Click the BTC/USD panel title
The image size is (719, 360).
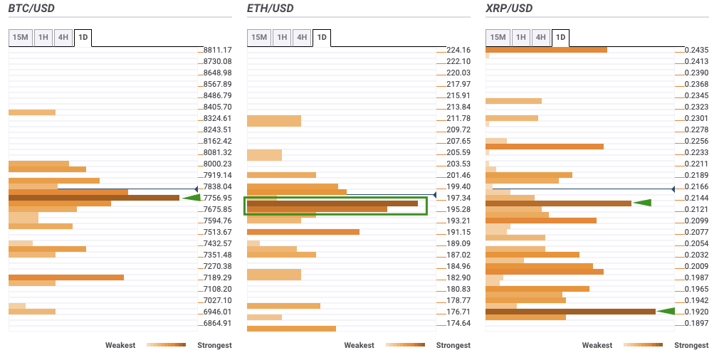point(31,9)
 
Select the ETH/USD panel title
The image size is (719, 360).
point(270,9)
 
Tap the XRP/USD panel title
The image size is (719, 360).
point(508,9)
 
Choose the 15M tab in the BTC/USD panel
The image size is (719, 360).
point(20,37)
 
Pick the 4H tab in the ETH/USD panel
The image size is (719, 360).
point(302,37)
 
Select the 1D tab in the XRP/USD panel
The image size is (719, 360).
point(560,37)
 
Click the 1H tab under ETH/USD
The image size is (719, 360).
point(282,37)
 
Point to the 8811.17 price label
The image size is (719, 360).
point(217,50)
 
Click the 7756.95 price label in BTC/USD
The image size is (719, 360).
point(217,198)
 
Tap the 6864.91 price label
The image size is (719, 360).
point(217,323)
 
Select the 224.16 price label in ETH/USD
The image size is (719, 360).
point(458,50)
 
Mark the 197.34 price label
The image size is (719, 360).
point(458,198)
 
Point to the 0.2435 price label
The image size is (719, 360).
point(696,50)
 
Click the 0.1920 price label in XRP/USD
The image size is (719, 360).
point(696,312)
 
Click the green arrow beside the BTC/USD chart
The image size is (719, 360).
point(191,198)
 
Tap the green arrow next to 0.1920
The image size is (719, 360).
point(666,311)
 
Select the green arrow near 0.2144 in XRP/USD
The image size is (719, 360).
point(642,203)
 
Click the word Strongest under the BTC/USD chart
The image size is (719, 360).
point(214,345)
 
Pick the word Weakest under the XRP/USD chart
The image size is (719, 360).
point(597,345)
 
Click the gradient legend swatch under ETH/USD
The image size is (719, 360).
point(405,345)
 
